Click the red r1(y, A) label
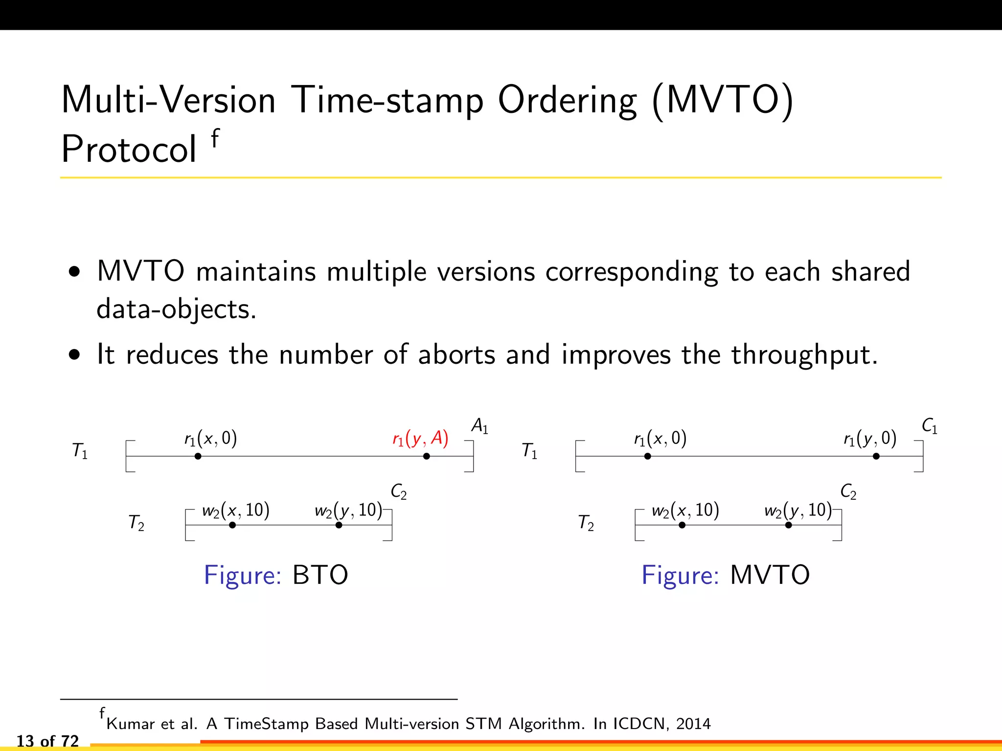tap(420, 439)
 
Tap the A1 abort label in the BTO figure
tap(479, 426)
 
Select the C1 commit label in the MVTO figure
tap(929, 426)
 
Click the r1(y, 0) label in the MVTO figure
tap(870, 439)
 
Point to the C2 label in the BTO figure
tap(398, 491)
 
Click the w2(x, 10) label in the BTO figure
tap(235, 510)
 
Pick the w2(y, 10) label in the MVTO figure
tap(797, 510)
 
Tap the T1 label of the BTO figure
tap(80, 450)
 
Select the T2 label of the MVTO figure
tap(586, 523)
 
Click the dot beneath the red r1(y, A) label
tap(427, 456)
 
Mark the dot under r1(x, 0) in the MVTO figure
tap(647, 456)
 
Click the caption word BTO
tap(320, 575)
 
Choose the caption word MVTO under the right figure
tap(770, 575)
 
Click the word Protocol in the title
tap(129, 149)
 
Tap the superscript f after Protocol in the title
tap(215, 138)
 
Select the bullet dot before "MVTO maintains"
tap(74, 272)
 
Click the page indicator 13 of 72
tap(47, 741)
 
